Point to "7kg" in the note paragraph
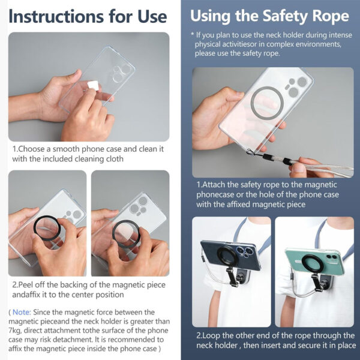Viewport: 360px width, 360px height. [17, 331]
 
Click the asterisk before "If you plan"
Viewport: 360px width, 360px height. [192, 35]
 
